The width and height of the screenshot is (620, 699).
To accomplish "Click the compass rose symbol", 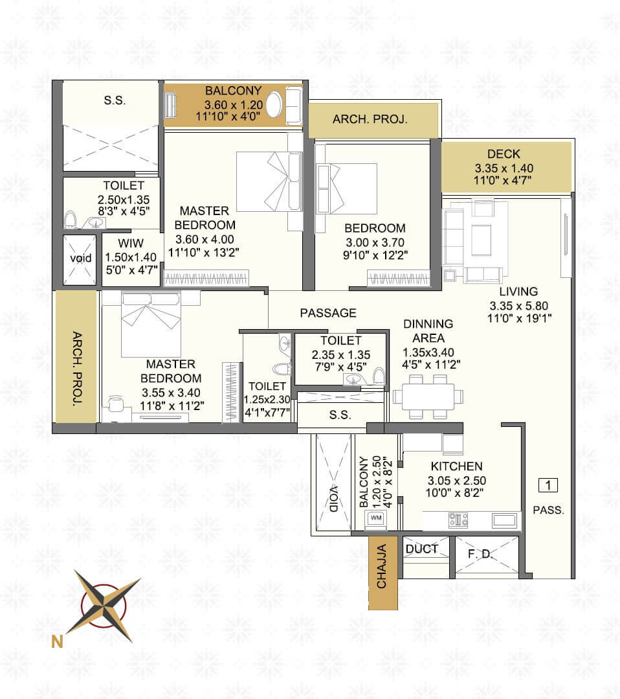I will point(107,606).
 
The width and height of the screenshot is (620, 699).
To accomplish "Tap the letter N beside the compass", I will point(58,643).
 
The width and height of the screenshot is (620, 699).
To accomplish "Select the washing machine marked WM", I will point(376,518).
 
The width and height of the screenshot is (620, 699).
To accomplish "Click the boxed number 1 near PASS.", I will point(548,485).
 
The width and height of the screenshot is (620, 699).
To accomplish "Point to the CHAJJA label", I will point(382,567).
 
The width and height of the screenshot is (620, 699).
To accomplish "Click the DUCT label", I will point(421,549).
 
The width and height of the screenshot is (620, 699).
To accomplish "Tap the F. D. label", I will point(480,555).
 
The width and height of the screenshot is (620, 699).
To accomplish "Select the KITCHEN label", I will point(456,466).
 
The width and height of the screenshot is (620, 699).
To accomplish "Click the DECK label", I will point(504,154).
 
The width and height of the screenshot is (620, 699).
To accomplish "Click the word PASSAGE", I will point(328,313).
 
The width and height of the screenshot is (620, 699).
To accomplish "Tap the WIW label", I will point(131,243).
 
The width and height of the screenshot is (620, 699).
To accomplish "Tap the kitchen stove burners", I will point(458,519).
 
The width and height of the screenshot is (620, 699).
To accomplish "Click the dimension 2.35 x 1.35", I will point(340,354).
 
